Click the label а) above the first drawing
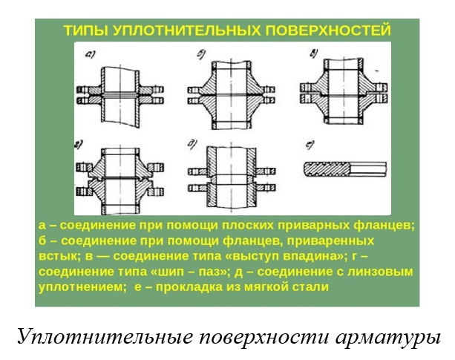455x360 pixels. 91,54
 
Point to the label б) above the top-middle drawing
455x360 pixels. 201,54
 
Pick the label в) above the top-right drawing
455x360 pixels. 314,54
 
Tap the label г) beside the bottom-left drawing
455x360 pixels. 79,145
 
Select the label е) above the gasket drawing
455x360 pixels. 310,145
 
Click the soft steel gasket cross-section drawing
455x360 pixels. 345,168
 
